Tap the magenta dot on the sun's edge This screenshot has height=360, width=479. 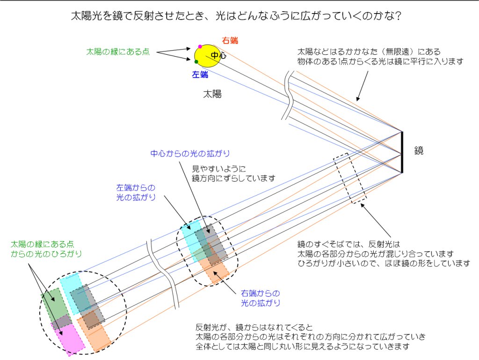coord(200,46)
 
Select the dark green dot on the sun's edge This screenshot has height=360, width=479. coord(196,62)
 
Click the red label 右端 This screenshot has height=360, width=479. coord(230,40)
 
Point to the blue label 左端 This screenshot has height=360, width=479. coord(200,74)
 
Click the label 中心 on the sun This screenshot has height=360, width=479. coord(219,55)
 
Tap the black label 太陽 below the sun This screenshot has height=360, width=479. coord(212,94)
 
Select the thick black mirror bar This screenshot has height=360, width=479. coord(402,152)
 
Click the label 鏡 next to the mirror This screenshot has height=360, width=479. coord(419,150)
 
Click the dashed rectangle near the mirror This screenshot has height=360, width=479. coord(350,178)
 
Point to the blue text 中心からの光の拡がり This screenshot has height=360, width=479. coord(190,154)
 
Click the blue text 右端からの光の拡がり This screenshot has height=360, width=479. coord(261,298)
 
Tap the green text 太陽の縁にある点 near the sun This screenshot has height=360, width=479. coord(118,51)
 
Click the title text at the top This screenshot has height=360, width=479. coord(236,15)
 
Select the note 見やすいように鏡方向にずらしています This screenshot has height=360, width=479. coord(233,173)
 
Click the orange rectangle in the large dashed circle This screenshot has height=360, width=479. coord(94,333)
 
